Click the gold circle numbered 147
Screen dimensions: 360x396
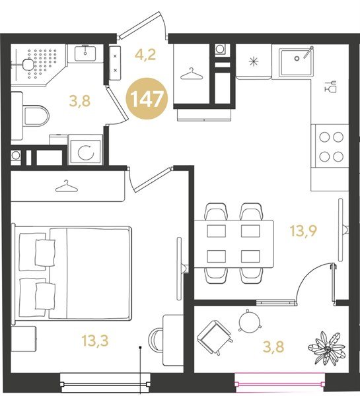(147, 99)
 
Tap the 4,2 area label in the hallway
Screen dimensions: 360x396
(145, 55)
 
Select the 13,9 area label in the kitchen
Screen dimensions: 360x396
(303, 232)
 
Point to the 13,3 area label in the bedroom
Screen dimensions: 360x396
(95, 340)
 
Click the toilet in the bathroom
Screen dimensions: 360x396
(36, 116)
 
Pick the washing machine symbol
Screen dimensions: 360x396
(85, 152)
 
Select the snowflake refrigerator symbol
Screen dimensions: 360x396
(253, 62)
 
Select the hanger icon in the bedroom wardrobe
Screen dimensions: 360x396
(67, 186)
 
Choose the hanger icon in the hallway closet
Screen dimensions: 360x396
(192, 73)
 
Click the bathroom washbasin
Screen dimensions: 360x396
(85, 53)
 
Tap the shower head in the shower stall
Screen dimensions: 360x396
(27, 63)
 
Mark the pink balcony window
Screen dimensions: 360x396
(279, 384)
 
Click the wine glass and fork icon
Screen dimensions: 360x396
(331, 86)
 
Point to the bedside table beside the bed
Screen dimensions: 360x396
(24, 338)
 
